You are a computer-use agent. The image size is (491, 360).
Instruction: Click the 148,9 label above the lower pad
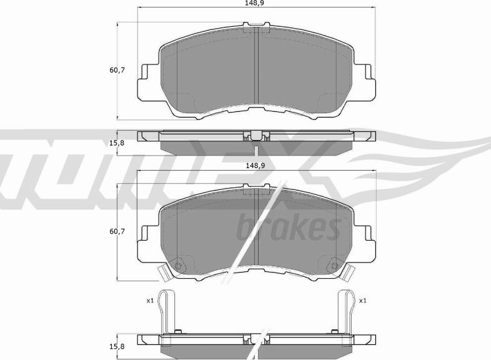point(255,166)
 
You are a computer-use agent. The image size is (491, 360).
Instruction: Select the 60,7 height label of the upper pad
point(117,70)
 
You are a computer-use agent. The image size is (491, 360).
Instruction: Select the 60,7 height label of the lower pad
point(117,231)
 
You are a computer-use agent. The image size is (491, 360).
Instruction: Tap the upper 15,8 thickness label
point(117,143)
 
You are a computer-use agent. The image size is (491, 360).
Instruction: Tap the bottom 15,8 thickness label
point(117,346)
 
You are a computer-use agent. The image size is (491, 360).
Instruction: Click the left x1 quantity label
point(150,301)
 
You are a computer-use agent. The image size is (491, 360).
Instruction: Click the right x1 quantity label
point(362,301)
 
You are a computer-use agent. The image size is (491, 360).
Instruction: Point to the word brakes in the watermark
point(289,226)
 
